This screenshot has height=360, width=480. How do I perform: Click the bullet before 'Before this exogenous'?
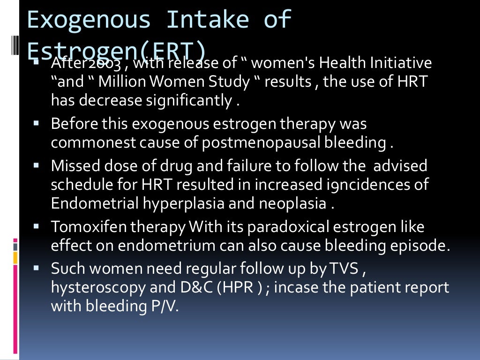coord(36,124)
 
